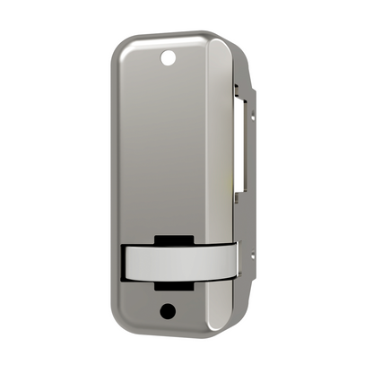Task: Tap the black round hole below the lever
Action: pyautogui.click(x=167, y=310)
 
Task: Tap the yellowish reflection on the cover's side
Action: pyautogui.click(x=230, y=184)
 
